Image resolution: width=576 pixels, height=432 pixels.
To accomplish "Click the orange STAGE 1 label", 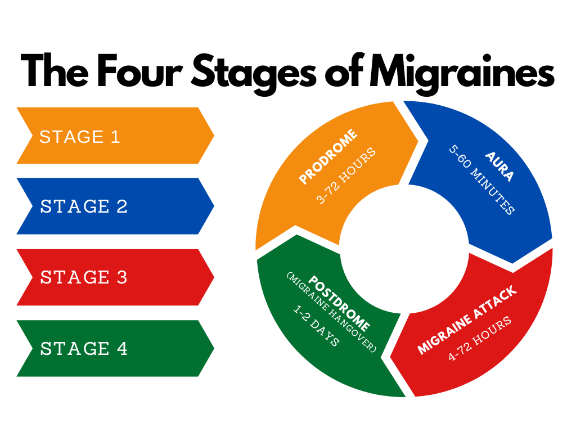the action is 80,137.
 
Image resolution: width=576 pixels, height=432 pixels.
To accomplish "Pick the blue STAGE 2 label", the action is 84,206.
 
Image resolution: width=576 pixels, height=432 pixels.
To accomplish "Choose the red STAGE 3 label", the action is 84,277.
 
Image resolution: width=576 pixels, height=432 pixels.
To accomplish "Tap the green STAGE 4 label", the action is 84,348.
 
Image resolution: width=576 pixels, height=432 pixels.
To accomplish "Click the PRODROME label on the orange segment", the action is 328,156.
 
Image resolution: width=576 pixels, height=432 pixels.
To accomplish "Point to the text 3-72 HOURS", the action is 346,175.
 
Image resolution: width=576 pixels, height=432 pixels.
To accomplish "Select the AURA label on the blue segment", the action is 499,166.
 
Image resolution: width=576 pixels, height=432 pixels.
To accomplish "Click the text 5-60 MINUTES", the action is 481,179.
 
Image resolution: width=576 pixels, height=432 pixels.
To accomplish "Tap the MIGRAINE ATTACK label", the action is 467,319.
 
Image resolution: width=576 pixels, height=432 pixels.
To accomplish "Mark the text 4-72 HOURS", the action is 480,338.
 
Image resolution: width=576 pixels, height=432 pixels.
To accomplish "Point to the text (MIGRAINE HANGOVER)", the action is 331,312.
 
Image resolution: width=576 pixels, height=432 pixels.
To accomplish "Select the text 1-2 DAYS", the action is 316,326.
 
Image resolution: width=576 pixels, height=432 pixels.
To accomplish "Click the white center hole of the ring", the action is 404,249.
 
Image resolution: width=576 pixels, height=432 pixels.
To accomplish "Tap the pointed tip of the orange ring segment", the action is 418,140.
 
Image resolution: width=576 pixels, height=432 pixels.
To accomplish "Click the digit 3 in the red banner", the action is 122,277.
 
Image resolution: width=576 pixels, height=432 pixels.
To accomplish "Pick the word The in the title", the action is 55,70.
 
